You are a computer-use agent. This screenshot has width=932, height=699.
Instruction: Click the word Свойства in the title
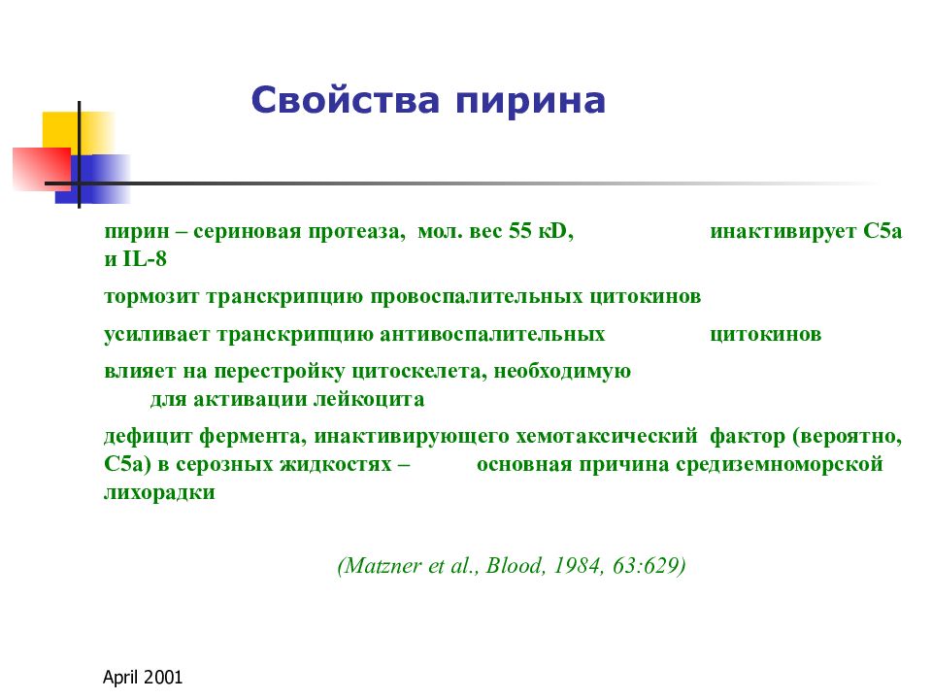pos(346,100)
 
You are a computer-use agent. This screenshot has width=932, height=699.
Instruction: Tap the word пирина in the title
pos(531,101)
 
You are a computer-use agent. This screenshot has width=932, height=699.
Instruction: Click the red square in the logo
pos(42,169)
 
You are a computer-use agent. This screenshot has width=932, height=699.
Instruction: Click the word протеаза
pos(356,231)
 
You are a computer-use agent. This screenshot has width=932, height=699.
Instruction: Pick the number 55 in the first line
pos(520,230)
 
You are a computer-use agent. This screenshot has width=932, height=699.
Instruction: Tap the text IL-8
pos(145,258)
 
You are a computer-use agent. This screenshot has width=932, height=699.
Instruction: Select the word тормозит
pos(151,296)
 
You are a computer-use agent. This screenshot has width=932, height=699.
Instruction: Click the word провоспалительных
pos(477,297)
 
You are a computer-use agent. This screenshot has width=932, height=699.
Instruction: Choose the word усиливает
pos(157,334)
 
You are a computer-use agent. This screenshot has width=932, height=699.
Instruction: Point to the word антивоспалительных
pos(492,334)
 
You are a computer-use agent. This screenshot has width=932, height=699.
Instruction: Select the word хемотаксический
pos(606,436)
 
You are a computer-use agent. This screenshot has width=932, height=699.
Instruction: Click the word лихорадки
pos(159,492)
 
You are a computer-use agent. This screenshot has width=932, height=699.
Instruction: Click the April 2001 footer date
pos(143,677)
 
